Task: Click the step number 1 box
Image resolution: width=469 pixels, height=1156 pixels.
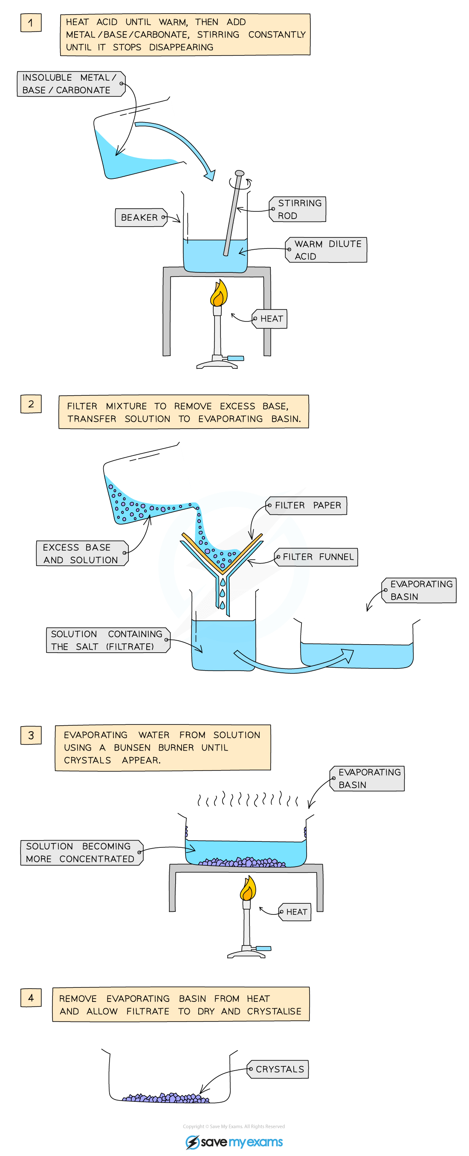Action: [x=31, y=23]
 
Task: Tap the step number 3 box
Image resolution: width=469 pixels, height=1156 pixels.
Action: [x=31, y=735]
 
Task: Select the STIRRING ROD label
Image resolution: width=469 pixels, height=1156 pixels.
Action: [x=298, y=209]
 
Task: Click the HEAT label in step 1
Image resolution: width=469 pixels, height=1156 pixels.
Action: [x=270, y=318]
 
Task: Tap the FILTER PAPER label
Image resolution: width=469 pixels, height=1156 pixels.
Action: [x=307, y=505]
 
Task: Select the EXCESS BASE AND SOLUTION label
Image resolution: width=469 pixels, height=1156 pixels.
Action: [x=81, y=553]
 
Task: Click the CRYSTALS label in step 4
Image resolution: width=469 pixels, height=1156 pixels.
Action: [x=279, y=1069]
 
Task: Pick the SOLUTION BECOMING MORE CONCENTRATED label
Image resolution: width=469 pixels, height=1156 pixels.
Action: [x=81, y=852]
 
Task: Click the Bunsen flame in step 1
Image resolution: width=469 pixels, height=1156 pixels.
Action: [x=219, y=294]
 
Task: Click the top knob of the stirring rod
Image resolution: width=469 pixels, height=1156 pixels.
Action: [x=240, y=173]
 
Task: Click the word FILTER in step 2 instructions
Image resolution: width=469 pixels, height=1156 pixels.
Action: [x=81, y=406]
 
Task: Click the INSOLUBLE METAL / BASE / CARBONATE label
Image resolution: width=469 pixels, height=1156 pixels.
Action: [x=70, y=84]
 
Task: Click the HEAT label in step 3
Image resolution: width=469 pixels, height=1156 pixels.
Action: [x=295, y=912]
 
